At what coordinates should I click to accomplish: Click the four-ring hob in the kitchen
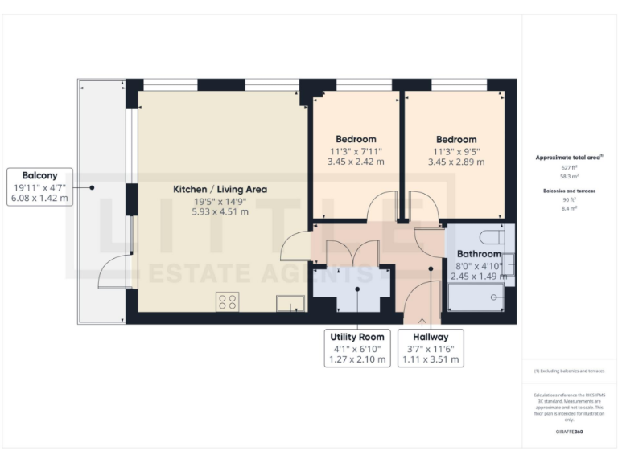click(227, 302)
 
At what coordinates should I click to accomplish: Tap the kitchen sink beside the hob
click(290, 303)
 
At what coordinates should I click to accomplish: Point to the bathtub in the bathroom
click(476, 298)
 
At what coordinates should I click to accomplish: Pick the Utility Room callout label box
click(358, 347)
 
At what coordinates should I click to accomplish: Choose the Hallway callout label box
click(431, 347)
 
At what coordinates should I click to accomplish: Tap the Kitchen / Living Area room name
click(220, 189)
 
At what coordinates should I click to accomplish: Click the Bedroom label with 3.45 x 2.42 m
click(356, 139)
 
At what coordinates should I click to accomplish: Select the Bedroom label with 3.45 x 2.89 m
click(456, 139)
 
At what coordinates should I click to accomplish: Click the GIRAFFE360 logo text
click(569, 432)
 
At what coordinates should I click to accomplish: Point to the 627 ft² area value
click(569, 166)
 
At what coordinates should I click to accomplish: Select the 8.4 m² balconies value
click(569, 207)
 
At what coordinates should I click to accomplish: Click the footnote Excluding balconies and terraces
click(569, 371)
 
